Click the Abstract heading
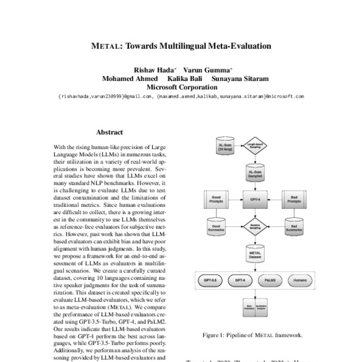[x=109, y=132]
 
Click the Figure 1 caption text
[x=254, y=334]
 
